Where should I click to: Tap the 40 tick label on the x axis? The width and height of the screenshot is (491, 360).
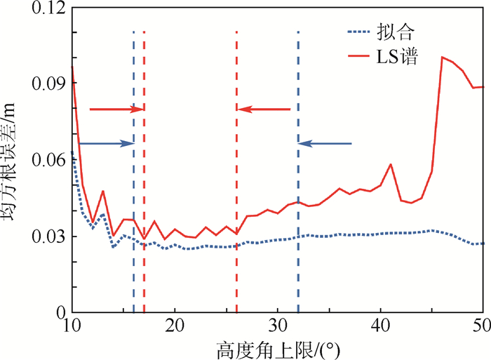click(380, 326)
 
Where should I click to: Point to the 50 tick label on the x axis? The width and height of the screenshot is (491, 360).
click(481, 326)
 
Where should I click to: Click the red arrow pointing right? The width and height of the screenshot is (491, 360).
click(116, 109)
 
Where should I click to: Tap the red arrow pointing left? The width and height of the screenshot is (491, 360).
click(264, 109)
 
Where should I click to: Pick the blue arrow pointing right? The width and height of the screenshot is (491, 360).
click(106, 144)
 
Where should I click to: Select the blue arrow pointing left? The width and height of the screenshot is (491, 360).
click(325, 144)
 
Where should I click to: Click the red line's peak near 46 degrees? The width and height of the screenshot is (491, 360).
click(442, 57)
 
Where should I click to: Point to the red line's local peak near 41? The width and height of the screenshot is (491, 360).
click(391, 164)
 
